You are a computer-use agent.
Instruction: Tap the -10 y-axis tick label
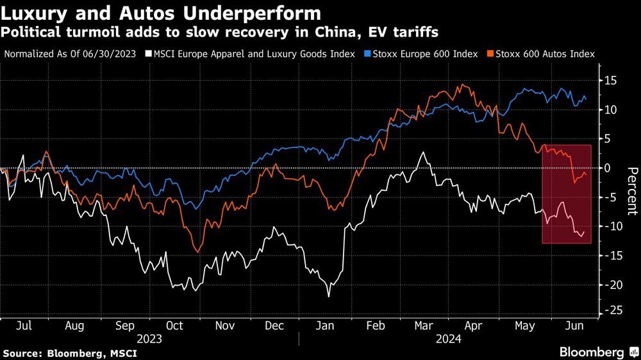[x=612, y=226]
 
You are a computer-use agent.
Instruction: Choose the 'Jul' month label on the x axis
[x=24, y=325]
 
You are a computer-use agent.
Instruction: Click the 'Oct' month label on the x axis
[x=174, y=325]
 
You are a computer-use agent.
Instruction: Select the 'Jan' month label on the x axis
[x=326, y=325]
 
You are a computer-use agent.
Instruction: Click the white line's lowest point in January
[x=329, y=296]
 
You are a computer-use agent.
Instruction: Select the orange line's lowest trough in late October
[x=197, y=252]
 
